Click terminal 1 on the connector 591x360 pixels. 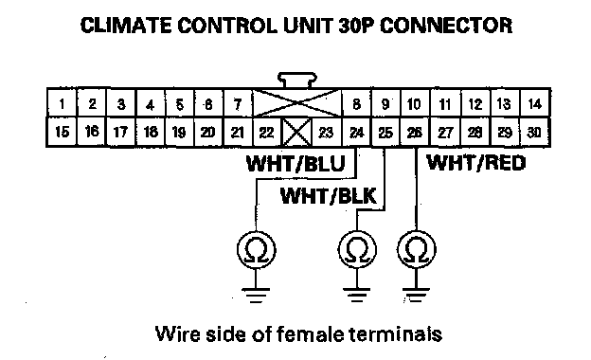62,103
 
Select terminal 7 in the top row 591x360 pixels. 238,103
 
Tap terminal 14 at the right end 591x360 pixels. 535,103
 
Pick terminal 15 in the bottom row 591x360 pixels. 62,132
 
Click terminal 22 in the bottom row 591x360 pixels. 267,132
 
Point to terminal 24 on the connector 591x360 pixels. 356,132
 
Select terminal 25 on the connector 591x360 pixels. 385,132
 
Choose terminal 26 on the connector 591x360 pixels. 415,132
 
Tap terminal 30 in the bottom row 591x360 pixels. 534,132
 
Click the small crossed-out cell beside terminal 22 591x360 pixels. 296,132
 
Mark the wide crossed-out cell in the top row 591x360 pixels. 297,103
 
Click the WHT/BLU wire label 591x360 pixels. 295,164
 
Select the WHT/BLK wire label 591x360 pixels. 329,196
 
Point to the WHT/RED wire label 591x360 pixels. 476,163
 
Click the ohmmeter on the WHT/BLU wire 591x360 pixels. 257,249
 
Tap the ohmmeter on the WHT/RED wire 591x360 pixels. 417,249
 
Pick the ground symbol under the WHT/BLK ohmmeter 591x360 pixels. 357,295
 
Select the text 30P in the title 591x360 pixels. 357,26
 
